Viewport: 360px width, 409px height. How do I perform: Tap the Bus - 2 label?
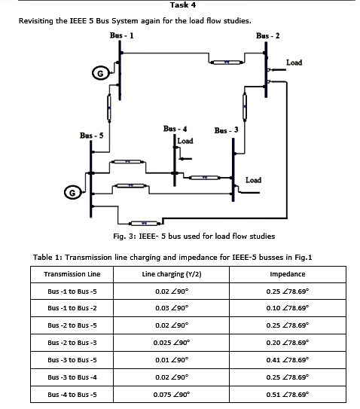point(267,35)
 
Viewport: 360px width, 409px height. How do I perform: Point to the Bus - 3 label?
point(226,130)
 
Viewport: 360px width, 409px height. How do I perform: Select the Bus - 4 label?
point(175,130)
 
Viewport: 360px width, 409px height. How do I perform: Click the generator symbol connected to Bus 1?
point(97,73)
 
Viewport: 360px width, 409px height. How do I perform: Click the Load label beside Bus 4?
point(185,141)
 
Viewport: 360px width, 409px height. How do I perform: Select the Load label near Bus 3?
point(254,180)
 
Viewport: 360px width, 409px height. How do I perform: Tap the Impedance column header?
point(287,274)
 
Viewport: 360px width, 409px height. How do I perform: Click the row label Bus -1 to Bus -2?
point(72,309)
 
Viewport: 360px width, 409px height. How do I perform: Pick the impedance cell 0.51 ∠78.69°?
point(287,394)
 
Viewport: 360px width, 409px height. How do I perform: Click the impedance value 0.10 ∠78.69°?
point(287,309)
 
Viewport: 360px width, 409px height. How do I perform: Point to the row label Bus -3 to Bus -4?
point(72,377)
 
